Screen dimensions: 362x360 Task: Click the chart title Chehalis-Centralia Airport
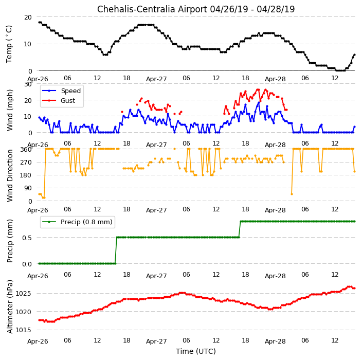[x=152, y=9]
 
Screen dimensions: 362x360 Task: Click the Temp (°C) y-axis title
[x=9, y=44]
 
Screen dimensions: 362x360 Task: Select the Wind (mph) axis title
[x=9, y=111]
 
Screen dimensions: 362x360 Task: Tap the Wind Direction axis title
[x=9, y=175]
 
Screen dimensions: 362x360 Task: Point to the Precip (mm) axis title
[x=9, y=241]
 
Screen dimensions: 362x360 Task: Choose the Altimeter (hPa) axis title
[x=9, y=307]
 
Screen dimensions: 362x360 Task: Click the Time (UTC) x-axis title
[x=196, y=351]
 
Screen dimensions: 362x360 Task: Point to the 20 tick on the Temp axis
[x=28, y=17]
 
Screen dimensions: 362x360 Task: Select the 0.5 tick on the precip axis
[x=27, y=238]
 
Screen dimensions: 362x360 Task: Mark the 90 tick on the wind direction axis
[x=28, y=188]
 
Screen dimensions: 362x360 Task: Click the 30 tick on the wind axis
[x=28, y=84]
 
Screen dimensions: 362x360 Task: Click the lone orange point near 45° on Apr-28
[x=292, y=194]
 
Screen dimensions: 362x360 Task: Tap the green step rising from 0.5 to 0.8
[x=240, y=229]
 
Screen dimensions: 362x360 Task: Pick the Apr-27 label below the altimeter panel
[x=156, y=341]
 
